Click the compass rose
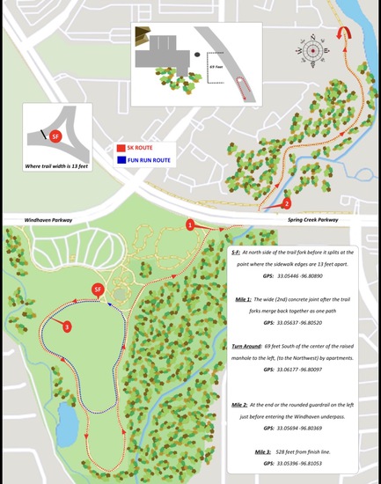[313, 50]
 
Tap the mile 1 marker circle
[190, 225]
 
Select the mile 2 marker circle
[286, 204]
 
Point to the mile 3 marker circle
[67, 326]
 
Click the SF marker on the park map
[98, 290]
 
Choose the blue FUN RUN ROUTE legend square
[121, 160]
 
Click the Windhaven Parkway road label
[37, 220]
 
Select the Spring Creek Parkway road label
[315, 220]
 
